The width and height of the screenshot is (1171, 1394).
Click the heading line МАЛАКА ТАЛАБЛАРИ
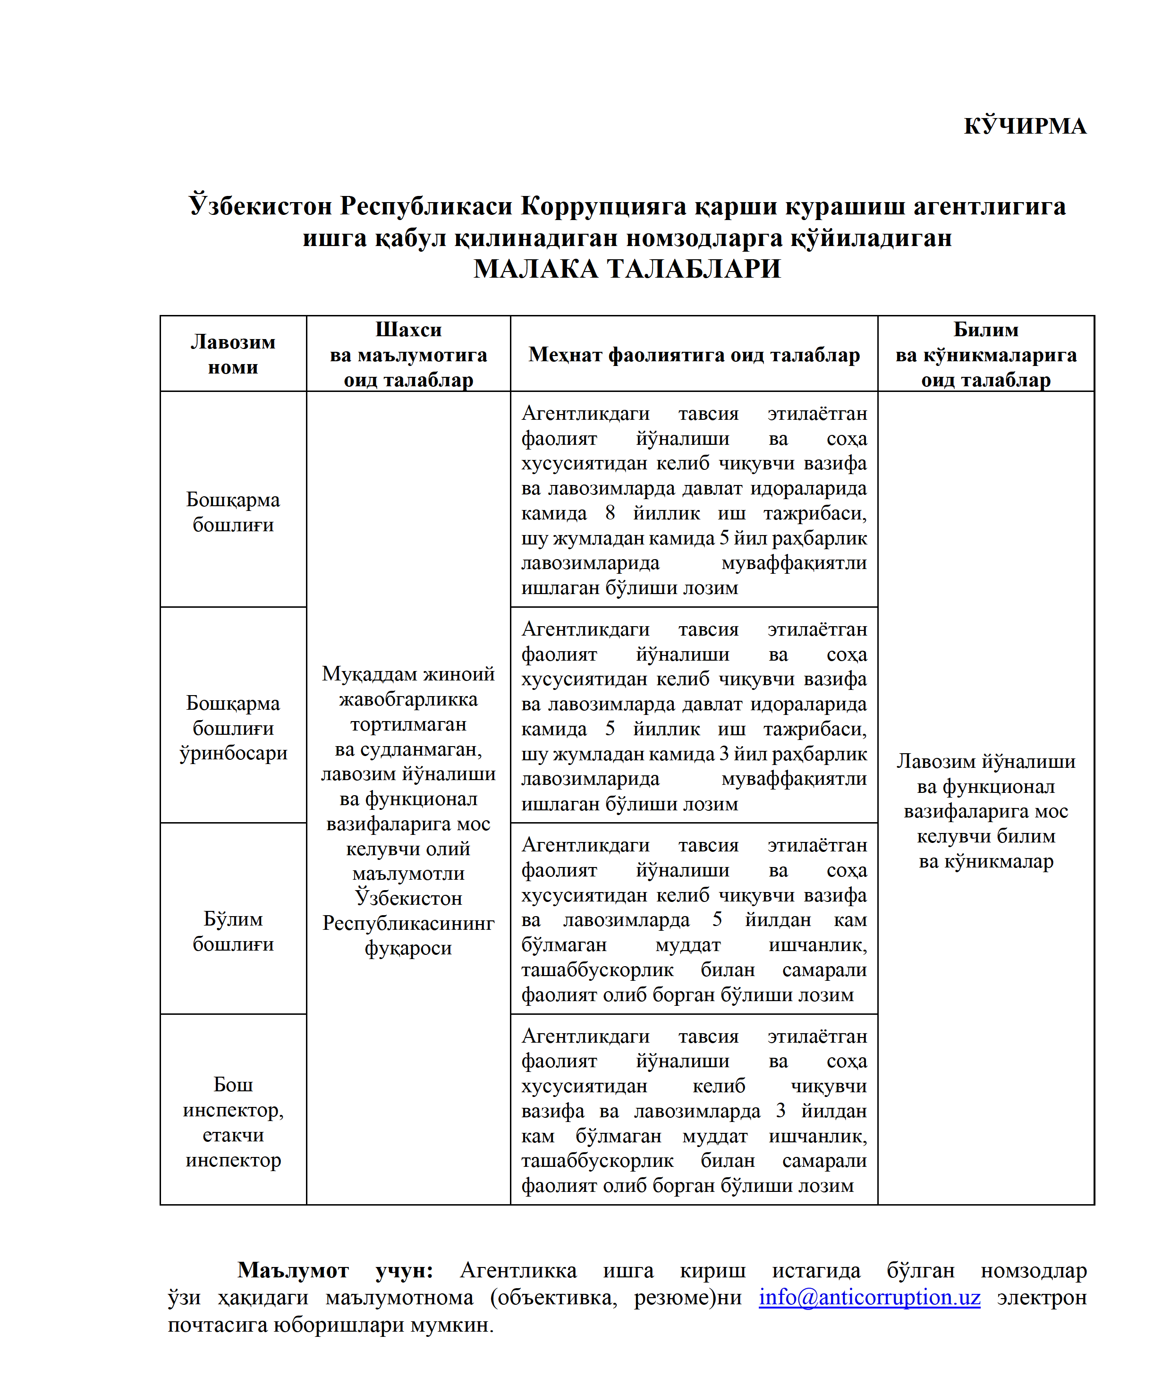(x=627, y=269)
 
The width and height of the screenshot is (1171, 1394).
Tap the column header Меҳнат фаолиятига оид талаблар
(x=694, y=355)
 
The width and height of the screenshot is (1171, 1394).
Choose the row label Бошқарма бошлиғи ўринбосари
(x=233, y=728)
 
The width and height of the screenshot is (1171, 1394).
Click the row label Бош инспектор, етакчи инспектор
(x=233, y=1122)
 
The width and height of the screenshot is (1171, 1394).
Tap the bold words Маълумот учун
(x=335, y=1270)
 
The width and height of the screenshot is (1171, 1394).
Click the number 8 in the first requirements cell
(x=610, y=513)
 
